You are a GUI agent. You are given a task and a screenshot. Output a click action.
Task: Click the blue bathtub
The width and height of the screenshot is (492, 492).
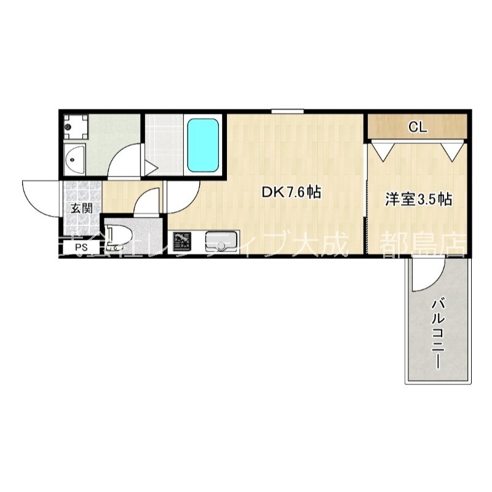(x=203, y=146)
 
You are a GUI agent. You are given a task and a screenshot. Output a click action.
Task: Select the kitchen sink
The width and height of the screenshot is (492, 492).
(x=220, y=240)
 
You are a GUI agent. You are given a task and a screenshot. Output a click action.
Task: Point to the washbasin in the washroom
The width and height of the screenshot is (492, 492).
(x=75, y=161)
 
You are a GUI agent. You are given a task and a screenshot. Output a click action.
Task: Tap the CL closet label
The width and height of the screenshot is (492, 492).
(x=418, y=127)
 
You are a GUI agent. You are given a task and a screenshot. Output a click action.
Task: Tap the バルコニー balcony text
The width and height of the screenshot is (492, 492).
(x=438, y=332)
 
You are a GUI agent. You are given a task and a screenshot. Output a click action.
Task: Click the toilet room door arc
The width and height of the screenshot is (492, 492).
(x=146, y=203)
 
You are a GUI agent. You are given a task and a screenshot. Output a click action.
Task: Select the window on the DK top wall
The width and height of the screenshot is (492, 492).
(x=288, y=111)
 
